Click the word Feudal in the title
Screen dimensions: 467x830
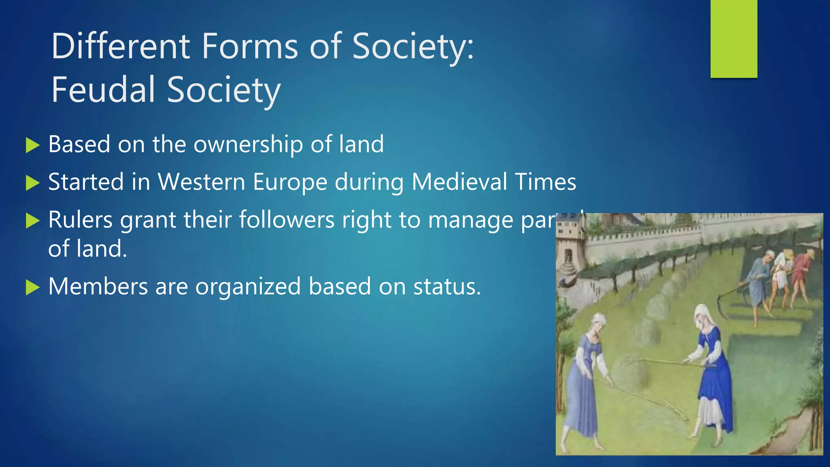[103, 90]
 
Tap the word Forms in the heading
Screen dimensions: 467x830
[250, 46]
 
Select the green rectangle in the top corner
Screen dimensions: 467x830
[734, 39]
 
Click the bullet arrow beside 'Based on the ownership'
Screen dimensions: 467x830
[32, 145]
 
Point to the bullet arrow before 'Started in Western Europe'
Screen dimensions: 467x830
[32, 183]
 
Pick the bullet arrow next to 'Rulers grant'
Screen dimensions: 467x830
[32, 221]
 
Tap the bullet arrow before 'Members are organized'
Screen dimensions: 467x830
[32, 287]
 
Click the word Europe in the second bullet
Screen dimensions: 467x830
[290, 182]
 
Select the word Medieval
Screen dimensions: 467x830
[459, 182]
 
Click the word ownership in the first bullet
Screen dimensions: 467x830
[248, 144]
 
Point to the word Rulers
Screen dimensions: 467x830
[80, 220]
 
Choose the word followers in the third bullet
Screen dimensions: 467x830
[287, 220]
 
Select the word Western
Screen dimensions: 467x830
[201, 182]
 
